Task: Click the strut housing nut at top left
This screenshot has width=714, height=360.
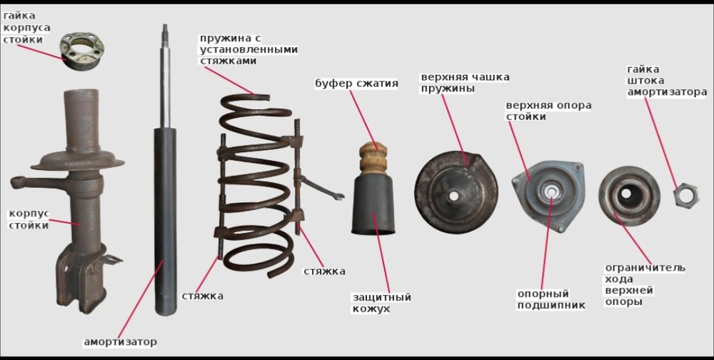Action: point(82,51)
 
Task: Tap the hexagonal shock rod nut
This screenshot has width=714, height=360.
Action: point(686,196)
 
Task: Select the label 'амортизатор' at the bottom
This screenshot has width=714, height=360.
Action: point(120,341)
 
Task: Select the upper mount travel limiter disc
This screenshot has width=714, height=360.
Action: point(629,196)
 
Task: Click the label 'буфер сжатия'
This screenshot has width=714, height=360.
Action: point(356,84)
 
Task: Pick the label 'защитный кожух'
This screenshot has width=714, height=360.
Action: point(381,303)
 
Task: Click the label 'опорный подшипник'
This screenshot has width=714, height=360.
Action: point(551,299)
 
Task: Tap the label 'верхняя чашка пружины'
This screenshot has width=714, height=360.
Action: point(465,82)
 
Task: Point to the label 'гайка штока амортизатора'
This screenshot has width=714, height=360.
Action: point(667,81)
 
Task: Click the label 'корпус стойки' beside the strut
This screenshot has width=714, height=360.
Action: point(29,220)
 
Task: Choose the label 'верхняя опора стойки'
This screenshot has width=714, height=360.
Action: point(548,111)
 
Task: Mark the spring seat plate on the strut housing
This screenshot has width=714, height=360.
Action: point(78,161)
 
